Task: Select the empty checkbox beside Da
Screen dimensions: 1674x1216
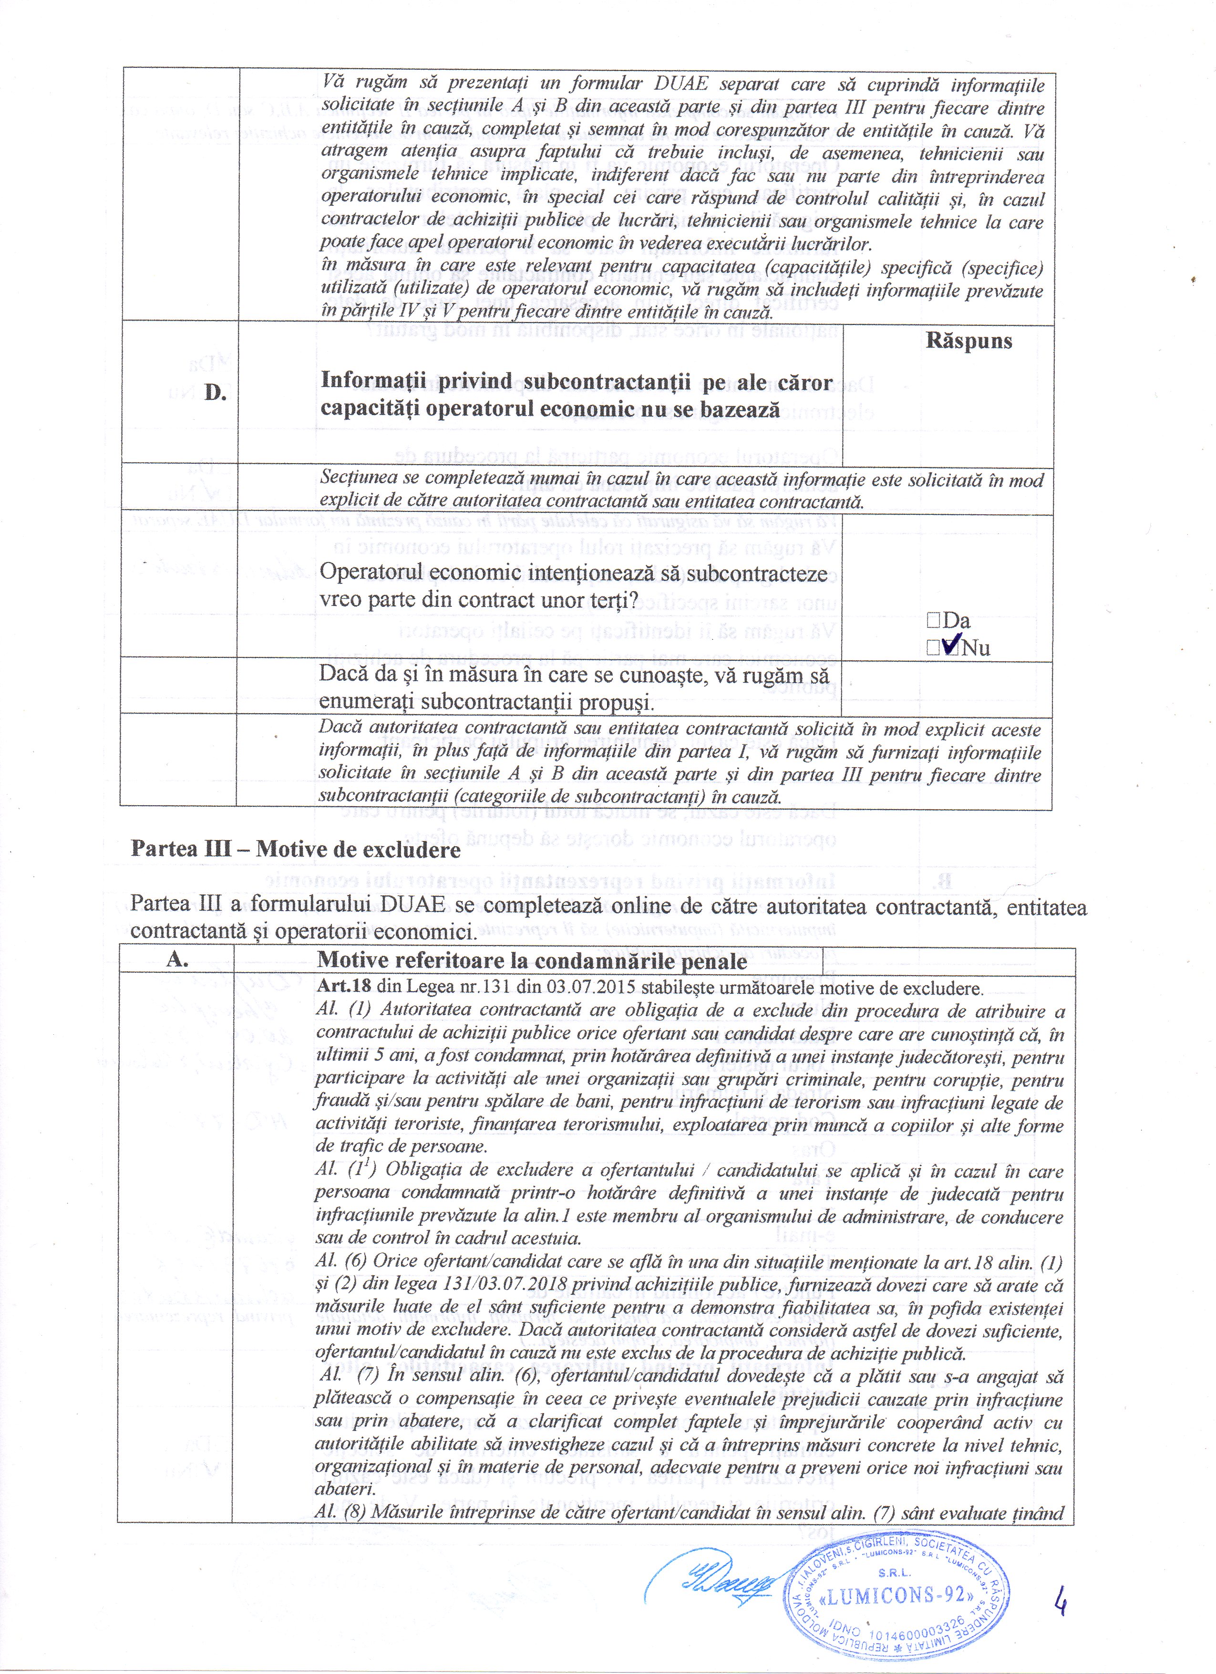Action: pos(933,621)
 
